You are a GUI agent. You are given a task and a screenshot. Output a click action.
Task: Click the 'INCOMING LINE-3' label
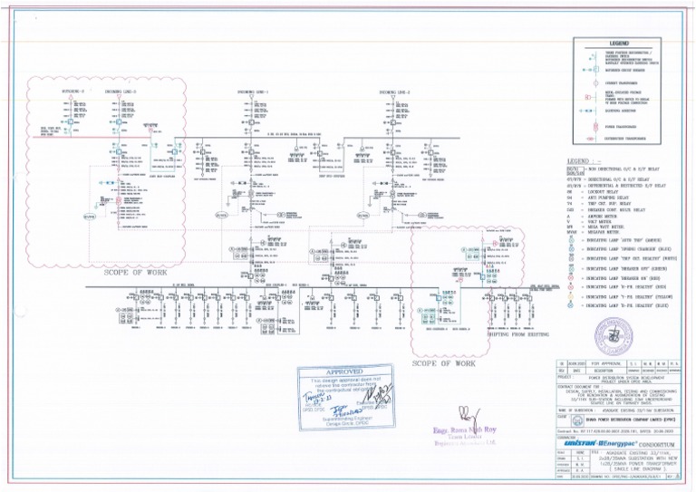click(120, 92)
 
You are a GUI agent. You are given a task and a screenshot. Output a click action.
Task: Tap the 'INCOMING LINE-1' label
click(253, 92)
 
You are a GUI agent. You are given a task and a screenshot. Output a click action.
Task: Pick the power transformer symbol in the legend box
click(586, 128)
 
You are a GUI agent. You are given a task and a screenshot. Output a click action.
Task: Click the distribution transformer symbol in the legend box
click(586, 141)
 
